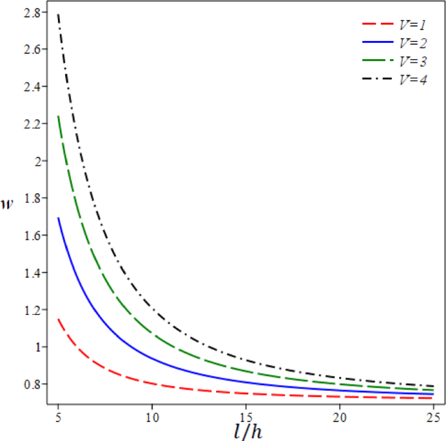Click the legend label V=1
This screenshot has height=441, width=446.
point(412,24)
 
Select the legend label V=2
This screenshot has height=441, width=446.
point(412,43)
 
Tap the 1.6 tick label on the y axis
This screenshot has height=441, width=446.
point(31,235)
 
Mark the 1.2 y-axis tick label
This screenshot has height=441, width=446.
point(31,310)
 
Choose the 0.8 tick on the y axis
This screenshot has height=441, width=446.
point(31,384)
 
